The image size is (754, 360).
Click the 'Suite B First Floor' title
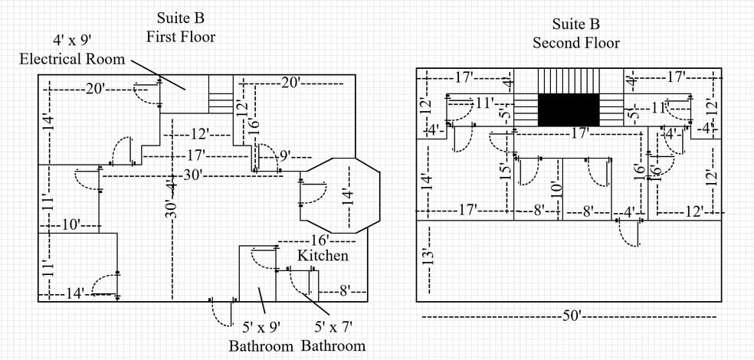pos(182,27)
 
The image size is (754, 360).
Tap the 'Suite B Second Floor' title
pos(576,33)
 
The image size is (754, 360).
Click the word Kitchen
pos(323,255)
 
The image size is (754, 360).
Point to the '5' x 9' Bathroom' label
pos(261,337)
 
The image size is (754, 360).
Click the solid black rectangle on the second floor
pos(568,110)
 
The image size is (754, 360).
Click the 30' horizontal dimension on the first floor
pos(193,175)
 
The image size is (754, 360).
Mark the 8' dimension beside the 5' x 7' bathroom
pos(344,291)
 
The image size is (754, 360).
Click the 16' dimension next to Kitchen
pos(321,240)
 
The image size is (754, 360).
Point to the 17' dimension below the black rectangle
pos(580,133)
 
